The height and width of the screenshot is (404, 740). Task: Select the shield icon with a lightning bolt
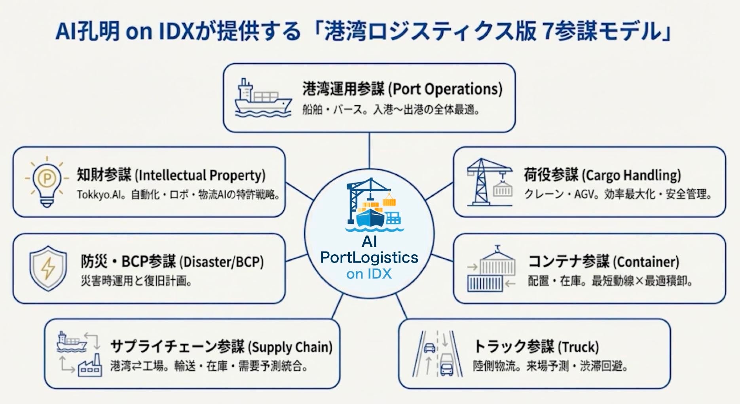point(48,268)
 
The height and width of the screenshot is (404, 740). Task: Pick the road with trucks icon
point(437,354)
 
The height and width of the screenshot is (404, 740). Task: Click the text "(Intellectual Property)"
point(200,175)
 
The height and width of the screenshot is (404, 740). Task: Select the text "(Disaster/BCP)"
point(222,262)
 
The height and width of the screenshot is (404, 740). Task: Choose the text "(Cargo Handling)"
point(632,175)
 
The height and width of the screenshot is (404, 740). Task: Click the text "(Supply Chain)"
point(290,347)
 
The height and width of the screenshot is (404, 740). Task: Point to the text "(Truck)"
point(578,347)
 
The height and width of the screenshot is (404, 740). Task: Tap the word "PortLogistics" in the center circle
point(369,257)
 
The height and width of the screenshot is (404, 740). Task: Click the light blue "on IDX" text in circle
point(369,274)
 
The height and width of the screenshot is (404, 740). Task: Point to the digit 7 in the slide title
point(548,31)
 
